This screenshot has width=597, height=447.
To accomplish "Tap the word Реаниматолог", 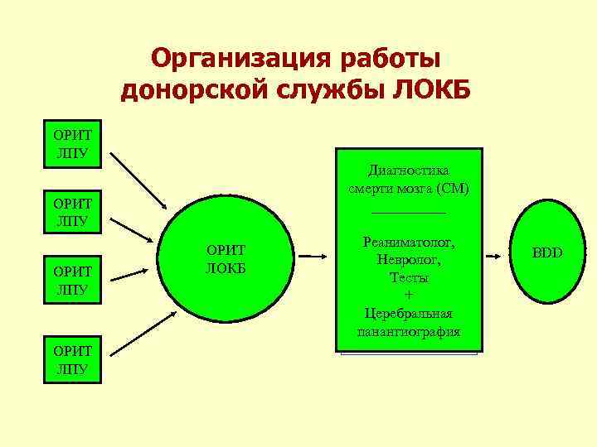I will tap(409, 243).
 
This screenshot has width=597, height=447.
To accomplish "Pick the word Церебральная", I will tap(409, 314).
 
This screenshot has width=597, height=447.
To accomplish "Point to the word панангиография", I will tap(409, 332).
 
